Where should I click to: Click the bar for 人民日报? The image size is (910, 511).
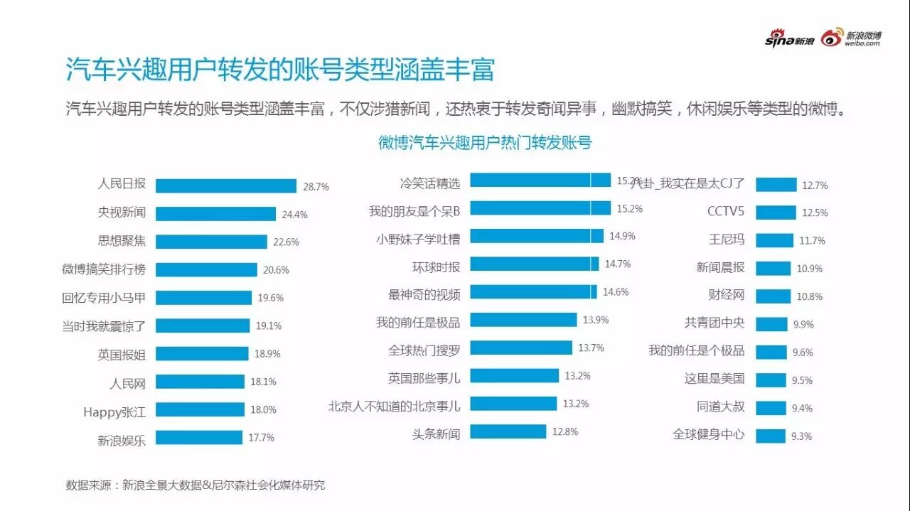click(x=225, y=185)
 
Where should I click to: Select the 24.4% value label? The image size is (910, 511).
click(x=295, y=214)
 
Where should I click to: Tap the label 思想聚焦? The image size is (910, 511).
click(x=122, y=241)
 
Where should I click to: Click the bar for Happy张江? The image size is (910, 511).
click(x=200, y=409)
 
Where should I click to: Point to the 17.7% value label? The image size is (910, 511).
click(x=261, y=438)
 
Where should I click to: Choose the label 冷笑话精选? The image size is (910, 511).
click(x=429, y=183)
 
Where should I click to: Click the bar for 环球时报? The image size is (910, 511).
click(x=534, y=264)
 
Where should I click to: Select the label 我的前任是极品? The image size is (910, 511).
click(x=418, y=323)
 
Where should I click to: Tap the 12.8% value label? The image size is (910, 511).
click(x=564, y=431)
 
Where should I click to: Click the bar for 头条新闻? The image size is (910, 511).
click(x=508, y=431)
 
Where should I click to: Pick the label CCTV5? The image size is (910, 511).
click(x=726, y=212)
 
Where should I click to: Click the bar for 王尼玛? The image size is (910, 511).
click(x=774, y=240)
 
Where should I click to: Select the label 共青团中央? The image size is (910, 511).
click(x=714, y=323)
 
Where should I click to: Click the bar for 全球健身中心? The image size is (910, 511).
click(x=770, y=436)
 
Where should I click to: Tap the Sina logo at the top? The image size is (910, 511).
click(x=789, y=41)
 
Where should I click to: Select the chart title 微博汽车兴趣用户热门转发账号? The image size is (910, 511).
click(x=485, y=142)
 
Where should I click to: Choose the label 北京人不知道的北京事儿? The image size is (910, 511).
click(x=394, y=407)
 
